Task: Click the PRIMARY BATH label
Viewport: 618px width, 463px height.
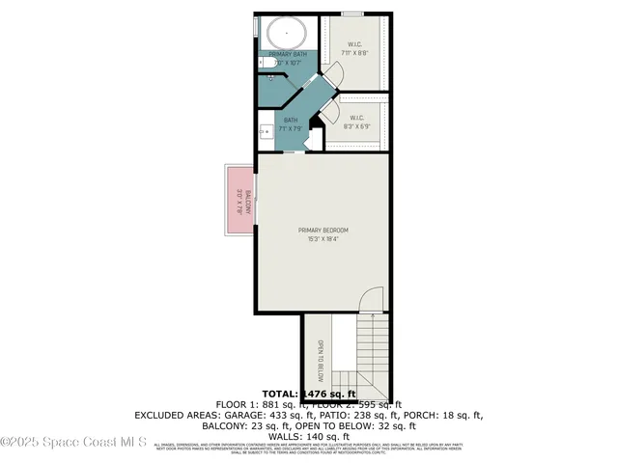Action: pyautogui.click(x=287, y=54)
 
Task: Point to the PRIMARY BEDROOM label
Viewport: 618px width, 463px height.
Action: pyautogui.click(x=323, y=230)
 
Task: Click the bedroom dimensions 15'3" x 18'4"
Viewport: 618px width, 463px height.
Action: pyautogui.click(x=323, y=239)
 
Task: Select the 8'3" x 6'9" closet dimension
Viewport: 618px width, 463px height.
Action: pyautogui.click(x=356, y=125)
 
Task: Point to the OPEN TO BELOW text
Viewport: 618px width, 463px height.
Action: pyautogui.click(x=320, y=358)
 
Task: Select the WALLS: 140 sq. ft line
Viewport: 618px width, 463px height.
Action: pyautogui.click(x=308, y=435)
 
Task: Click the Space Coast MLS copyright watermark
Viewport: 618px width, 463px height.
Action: pyautogui.click(x=74, y=443)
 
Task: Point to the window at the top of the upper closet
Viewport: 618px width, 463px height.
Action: pyautogui.click(x=352, y=14)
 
